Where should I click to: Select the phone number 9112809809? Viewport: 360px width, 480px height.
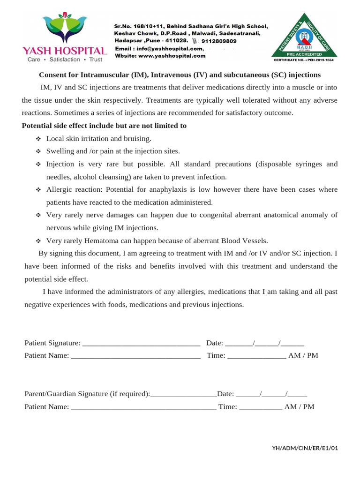tap(220, 41)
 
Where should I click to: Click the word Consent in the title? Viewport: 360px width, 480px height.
tap(52, 75)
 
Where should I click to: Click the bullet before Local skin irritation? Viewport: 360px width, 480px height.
tap(38, 139)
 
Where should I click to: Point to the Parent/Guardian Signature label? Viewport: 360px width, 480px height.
tap(87, 394)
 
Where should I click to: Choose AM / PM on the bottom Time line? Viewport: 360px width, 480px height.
tap(299, 407)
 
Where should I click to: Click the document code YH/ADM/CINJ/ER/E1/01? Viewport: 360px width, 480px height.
tap(305, 448)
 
